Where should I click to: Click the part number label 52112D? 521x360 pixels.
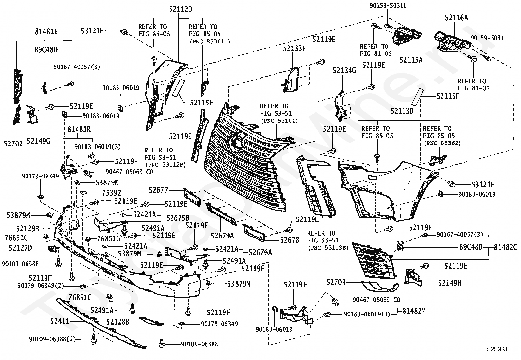point(181,9)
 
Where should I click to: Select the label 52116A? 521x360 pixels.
point(456,18)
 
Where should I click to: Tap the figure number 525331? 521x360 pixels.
point(498,349)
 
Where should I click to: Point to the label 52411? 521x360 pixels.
point(60,321)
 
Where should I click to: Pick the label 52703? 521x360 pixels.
point(336,283)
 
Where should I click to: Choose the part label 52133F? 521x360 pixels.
point(295,48)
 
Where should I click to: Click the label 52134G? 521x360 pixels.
point(344,70)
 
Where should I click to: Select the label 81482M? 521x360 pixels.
point(414,311)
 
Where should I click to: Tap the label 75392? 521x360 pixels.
point(112,193)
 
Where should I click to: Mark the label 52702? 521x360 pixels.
point(13,144)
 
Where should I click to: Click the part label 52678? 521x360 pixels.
point(290,240)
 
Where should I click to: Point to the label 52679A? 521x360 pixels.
point(222,236)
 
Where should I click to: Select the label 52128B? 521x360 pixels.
point(118,322)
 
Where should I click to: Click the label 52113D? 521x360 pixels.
point(402,111)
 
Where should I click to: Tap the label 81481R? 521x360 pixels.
point(79,129)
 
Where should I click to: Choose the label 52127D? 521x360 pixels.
point(21,248)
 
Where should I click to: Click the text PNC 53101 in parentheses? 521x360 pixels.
point(279,121)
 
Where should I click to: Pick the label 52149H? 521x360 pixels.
point(449,283)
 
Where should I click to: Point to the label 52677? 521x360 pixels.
point(158,190)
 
